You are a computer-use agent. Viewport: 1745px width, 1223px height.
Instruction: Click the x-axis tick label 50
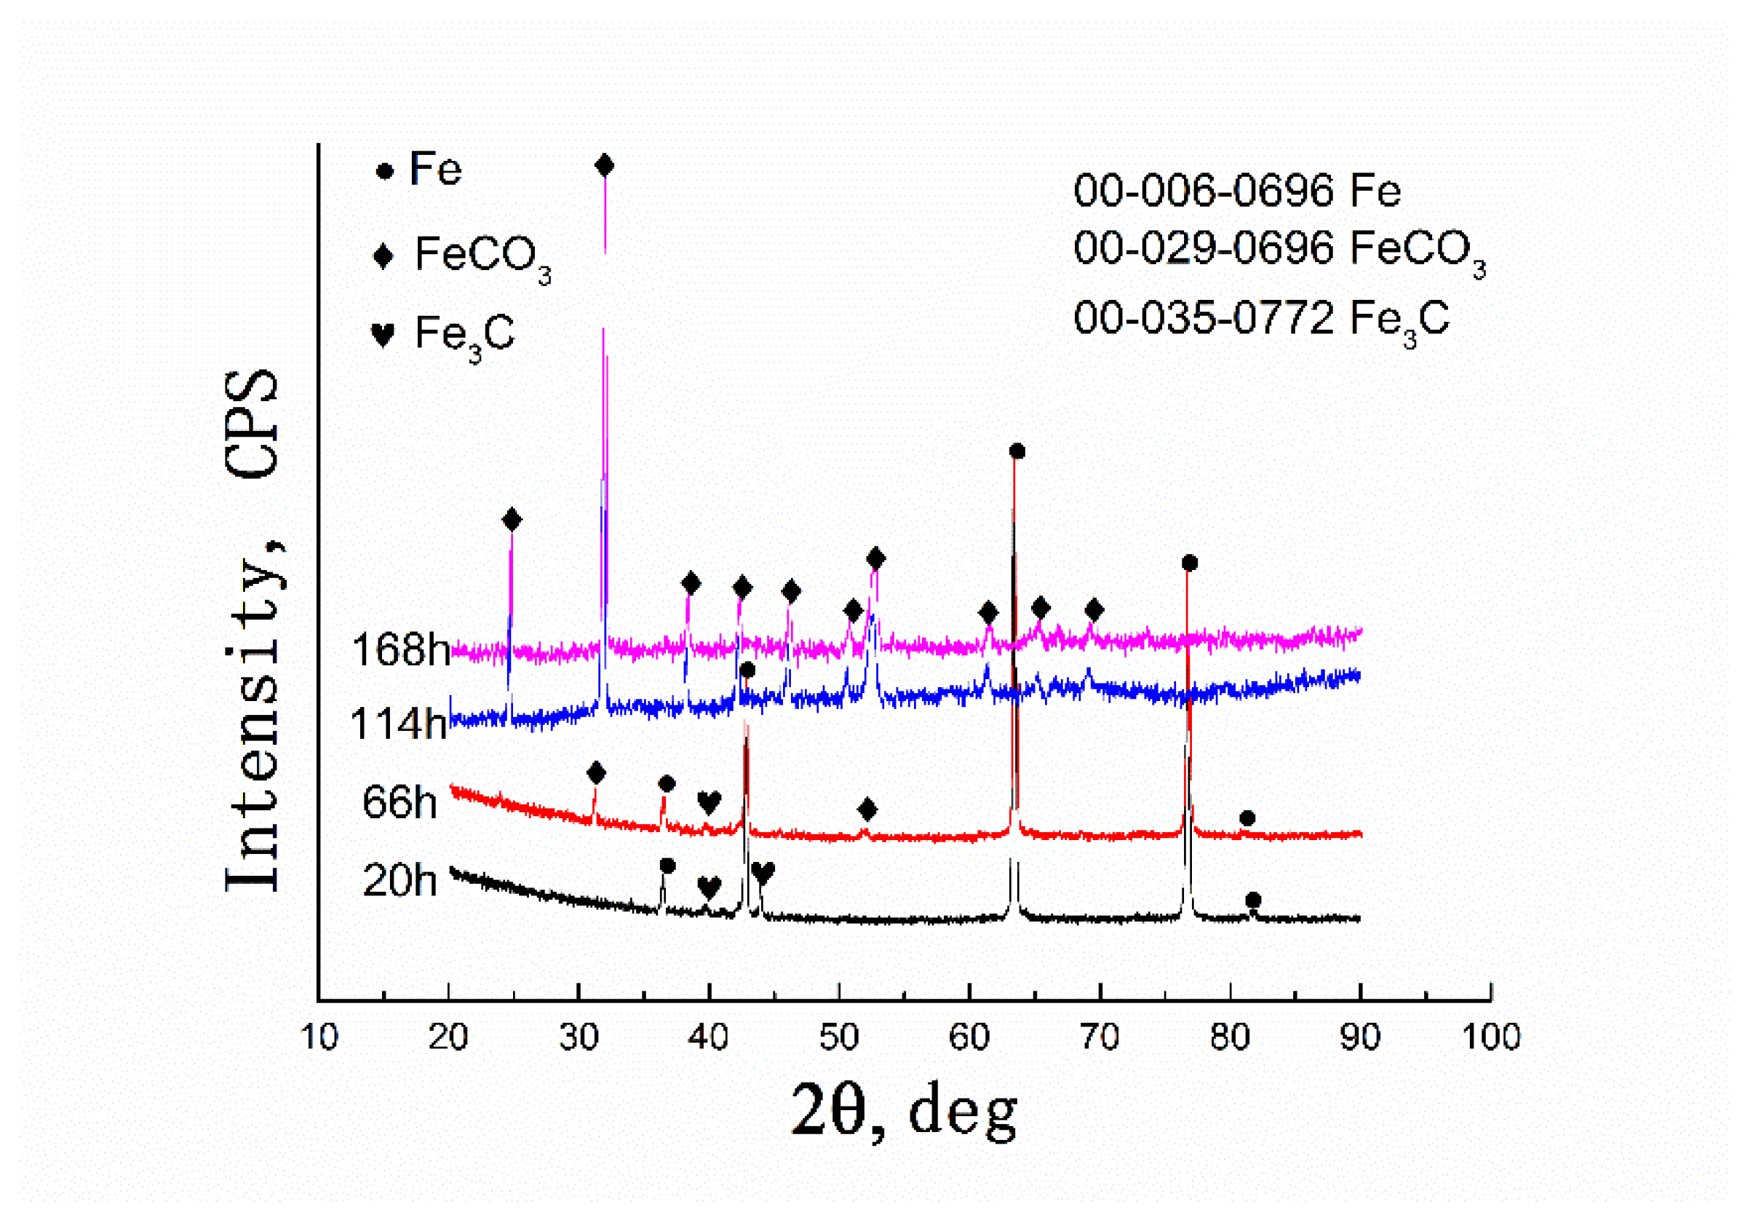(x=838, y=1037)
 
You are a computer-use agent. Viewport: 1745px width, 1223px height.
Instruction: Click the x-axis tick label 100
(x=1490, y=1037)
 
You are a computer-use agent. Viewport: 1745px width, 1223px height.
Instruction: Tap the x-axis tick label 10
(x=319, y=1037)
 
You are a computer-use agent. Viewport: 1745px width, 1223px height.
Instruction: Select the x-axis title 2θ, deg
(x=905, y=1112)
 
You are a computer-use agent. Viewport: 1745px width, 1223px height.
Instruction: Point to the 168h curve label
(x=400, y=651)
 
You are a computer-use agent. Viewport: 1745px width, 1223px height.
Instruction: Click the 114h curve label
(x=398, y=724)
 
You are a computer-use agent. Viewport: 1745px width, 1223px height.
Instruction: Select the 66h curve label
(x=400, y=803)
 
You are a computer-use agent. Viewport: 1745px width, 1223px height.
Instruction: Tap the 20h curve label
(x=400, y=881)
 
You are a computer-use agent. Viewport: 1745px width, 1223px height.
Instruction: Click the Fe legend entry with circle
(x=420, y=170)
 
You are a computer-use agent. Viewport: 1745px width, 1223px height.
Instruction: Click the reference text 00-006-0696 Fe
(x=1236, y=191)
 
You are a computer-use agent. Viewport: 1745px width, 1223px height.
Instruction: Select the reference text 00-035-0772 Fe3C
(x=1260, y=320)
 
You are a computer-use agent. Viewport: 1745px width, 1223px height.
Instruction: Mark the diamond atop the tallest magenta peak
(x=604, y=166)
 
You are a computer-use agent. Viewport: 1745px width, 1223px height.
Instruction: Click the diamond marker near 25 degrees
(x=512, y=521)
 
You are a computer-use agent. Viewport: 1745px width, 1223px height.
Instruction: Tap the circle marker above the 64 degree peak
(x=1017, y=451)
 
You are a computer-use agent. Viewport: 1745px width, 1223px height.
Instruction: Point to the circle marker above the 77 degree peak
(x=1190, y=563)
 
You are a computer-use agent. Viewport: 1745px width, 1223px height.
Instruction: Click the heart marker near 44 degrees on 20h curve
(x=763, y=873)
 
